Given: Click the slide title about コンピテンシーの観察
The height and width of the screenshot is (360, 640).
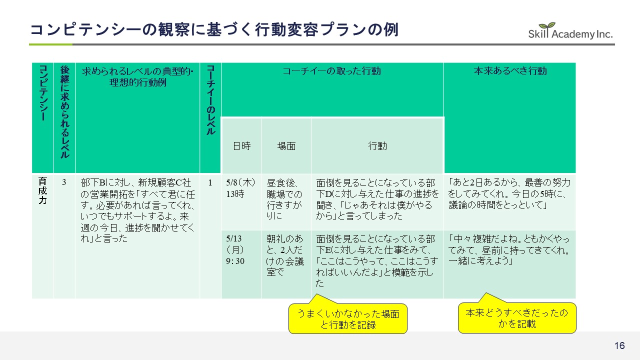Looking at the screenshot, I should coord(214,29).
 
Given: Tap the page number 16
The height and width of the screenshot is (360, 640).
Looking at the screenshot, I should coord(619,346).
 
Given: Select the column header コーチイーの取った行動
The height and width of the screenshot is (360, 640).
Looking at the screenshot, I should coord(332,71).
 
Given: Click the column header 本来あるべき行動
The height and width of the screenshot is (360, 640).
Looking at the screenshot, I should coord(509,71).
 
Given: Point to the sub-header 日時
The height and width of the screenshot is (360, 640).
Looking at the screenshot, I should coord(241,146).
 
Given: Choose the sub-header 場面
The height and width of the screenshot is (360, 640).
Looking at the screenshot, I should coord(286,146).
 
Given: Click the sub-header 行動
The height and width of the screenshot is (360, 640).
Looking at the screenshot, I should coord(377,146).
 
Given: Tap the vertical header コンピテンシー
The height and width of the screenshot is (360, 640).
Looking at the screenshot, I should coord(42,93).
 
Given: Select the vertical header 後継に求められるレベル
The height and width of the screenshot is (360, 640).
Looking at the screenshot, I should coord(64,112).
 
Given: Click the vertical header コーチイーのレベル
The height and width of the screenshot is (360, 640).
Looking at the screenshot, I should coord(210,100).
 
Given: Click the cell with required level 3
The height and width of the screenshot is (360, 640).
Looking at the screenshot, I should coord(64,183).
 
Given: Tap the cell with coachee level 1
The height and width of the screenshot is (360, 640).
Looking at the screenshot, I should coord(210,183).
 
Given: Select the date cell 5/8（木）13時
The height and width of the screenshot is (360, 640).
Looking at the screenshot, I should coord(241,188).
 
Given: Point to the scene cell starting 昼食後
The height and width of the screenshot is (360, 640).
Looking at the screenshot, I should coord(286,199).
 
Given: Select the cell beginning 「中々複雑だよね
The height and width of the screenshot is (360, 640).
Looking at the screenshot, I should coord(509,250).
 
